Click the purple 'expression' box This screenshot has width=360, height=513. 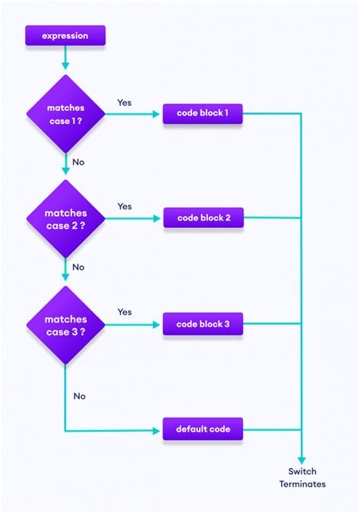point(65,35)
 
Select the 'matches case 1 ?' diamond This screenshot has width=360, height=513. point(65,113)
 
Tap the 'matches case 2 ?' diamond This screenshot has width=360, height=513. point(65,219)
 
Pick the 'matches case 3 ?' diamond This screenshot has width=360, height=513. point(65,325)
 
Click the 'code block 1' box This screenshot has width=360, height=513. point(203,114)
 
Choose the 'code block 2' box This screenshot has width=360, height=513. point(203,218)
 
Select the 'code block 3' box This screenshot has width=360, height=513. point(203,325)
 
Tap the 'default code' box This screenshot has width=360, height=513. point(203,429)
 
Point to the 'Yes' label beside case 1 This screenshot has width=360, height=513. point(125,102)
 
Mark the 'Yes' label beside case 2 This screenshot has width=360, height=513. point(125,206)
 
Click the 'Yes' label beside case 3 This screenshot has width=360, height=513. point(125,312)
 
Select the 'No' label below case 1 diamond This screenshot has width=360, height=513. point(78,162)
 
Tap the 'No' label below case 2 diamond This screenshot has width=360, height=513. point(78,267)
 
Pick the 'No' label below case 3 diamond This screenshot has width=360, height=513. point(79,396)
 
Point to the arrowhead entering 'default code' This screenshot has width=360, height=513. point(158,429)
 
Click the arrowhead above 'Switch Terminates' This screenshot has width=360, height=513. point(302,459)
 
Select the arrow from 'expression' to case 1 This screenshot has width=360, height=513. point(65,57)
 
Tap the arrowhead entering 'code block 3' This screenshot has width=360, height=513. point(158,325)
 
